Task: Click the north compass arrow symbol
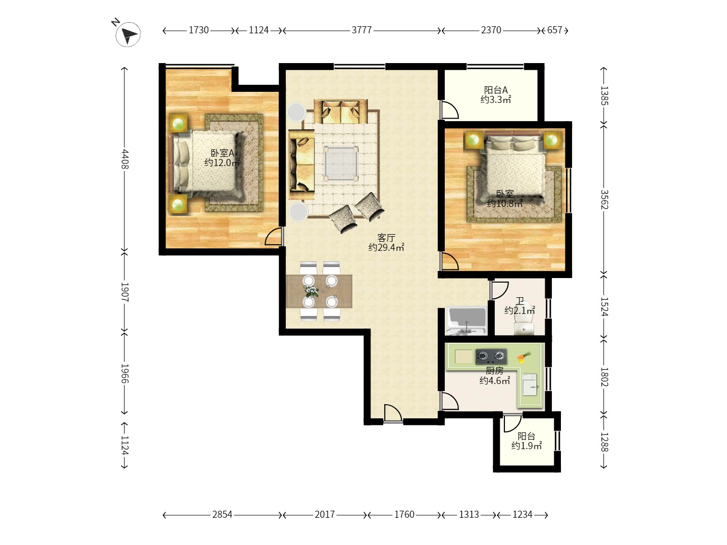click(128, 34)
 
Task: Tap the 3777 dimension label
click(361, 30)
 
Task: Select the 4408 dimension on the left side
click(125, 159)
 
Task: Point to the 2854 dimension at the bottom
click(222, 515)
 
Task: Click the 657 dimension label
click(554, 30)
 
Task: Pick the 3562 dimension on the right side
click(604, 199)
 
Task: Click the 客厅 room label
click(386, 238)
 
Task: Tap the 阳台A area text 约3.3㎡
click(495, 99)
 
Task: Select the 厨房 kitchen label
click(494, 370)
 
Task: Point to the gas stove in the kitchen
click(491, 356)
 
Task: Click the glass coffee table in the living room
click(341, 163)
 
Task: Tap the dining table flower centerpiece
click(311, 291)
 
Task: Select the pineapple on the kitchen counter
click(524, 357)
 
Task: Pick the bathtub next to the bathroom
click(466, 320)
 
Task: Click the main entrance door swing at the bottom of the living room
click(393, 413)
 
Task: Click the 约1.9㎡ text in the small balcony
click(526, 446)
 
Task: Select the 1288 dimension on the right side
click(604, 442)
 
